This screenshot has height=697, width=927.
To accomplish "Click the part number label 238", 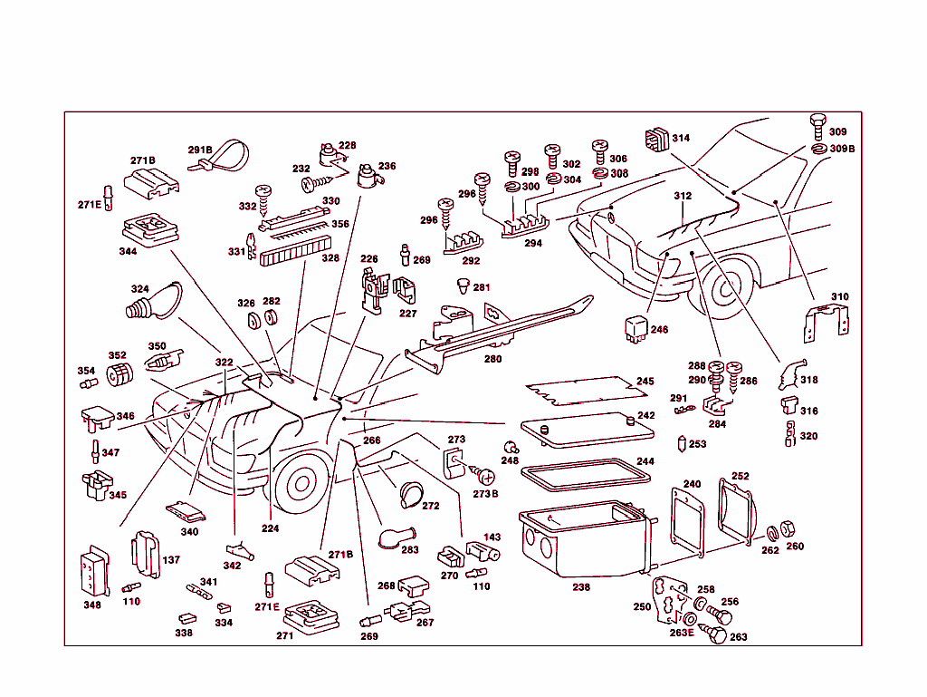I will [581, 587].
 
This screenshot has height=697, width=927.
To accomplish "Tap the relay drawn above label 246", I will [636, 329].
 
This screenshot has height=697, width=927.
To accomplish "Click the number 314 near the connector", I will [681, 139].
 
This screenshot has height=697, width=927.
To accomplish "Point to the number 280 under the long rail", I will [492, 359].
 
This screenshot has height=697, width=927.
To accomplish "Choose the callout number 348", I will [91, 605].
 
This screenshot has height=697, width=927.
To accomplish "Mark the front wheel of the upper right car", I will [729, 288].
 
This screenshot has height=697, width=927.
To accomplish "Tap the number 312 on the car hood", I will [682, 196].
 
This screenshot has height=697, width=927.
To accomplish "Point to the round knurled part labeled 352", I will [119, 374].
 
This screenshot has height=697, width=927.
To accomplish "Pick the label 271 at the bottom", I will [285, 635].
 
